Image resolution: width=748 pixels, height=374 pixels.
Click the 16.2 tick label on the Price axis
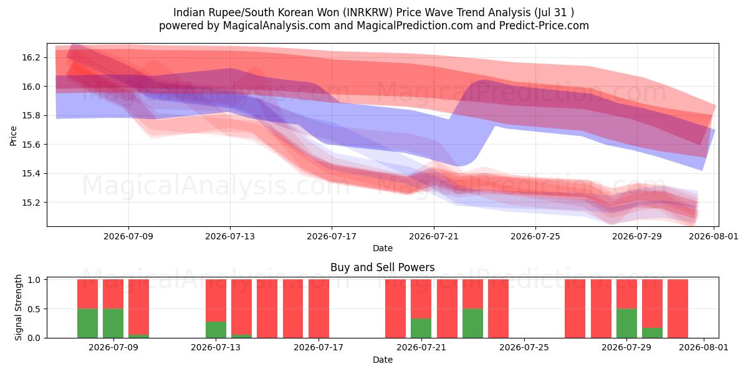click(x=31, y=58)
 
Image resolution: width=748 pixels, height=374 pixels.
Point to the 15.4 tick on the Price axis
click(x=31, y=174)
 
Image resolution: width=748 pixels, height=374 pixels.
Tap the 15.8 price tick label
click(x=31, y=116)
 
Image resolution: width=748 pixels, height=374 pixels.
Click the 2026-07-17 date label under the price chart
click(x=332, y=236)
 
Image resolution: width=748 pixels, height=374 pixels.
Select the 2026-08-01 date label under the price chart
click(x=714, y=236)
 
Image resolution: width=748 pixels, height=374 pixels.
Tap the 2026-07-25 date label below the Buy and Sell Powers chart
click(x=524, y=348)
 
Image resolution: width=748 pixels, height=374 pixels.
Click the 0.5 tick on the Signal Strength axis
click(x=34, y=309)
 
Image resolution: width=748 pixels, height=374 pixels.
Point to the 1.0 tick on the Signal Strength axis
click(x=34, y=280)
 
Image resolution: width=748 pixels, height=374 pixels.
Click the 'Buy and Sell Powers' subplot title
click(x=383, y=267)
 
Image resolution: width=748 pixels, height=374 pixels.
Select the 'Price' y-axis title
click(x=13, y=136)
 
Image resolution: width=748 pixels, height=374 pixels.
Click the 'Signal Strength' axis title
click(x=18, y=307)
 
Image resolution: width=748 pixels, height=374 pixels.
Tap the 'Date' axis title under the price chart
click(x=383, y=248)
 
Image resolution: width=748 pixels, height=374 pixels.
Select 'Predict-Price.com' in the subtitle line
click(x=544, y=26)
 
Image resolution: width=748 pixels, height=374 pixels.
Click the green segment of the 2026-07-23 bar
click(x=473, y=324)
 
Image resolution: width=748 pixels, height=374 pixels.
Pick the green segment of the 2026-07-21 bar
click(x=421, y=328)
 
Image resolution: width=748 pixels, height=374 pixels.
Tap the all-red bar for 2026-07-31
click(x=678, y=309)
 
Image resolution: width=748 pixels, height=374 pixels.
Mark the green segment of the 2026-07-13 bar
click(x=216, y=330)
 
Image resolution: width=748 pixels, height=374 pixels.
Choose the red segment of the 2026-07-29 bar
click(x=627, y=294)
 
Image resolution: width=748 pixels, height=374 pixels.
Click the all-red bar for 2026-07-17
click(x=319, y=309)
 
